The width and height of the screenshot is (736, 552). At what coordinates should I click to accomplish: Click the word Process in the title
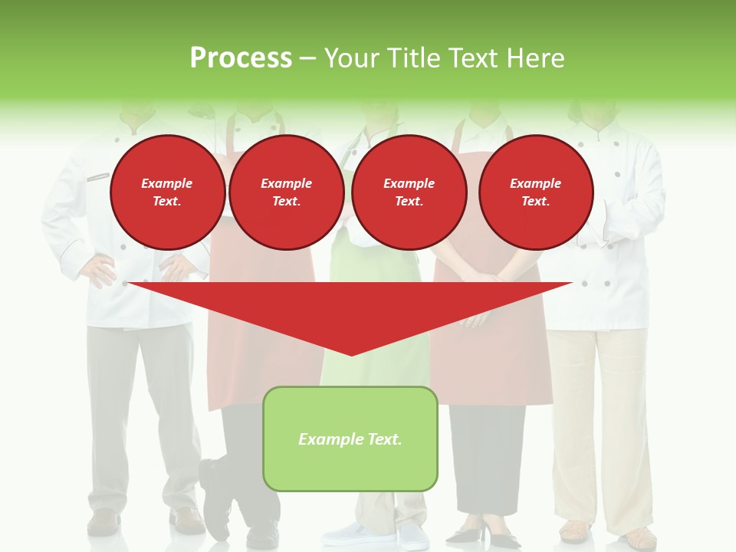tap(241, 58)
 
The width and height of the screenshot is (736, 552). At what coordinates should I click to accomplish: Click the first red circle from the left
tap(167, 192)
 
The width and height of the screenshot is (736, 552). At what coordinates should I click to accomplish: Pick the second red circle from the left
tap(286, 192)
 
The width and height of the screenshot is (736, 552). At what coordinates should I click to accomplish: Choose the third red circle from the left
tap(409, 192)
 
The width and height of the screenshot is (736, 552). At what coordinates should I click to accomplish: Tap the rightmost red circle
tap(535, 192)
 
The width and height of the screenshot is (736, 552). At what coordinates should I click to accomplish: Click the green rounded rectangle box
tap(350, 468)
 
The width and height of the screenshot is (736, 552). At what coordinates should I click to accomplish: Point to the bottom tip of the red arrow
tap(351, 354)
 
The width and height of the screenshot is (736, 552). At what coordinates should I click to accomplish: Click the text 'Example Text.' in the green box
tap(350, 439)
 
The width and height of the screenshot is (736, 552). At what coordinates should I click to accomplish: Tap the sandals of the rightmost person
tap(606, 532)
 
